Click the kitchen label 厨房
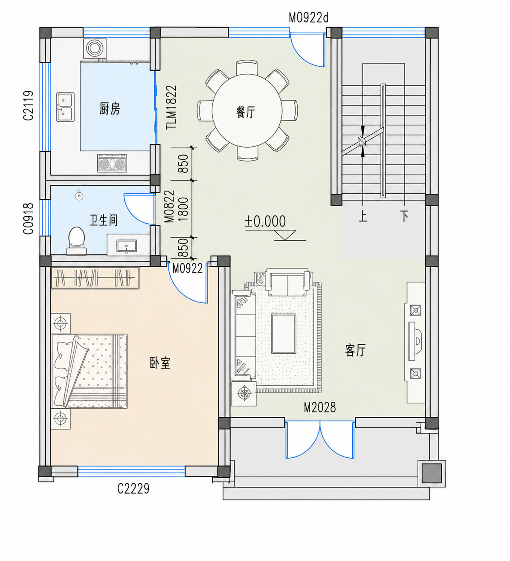[110, 108]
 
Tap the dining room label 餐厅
[246, 112]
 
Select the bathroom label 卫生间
[104, 220]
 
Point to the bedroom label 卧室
[160, 363]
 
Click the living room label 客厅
[355, 350]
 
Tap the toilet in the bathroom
[76, 241]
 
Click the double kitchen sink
[65, 107]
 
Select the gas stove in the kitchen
[112, 163]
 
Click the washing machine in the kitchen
[95, 48]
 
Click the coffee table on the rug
[284, 334]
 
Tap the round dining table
[247, 110]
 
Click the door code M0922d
[309, 18]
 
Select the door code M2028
[320, 407]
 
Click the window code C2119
[28, 105]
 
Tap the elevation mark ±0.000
[265, 221]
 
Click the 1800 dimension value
[183, 209]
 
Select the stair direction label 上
[362, 216]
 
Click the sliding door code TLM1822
[171, 107]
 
